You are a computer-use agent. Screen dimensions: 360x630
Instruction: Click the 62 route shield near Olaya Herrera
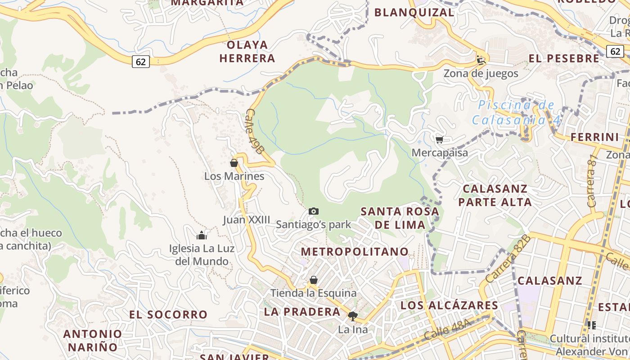pos(141,62)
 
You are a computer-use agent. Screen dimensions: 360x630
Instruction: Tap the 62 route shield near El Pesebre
pos(615,51)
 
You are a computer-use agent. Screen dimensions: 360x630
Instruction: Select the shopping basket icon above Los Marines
pos(234,163)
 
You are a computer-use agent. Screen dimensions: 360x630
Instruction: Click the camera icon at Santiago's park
pos(314,211)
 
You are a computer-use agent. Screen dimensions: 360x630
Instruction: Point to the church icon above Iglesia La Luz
pos(201,235)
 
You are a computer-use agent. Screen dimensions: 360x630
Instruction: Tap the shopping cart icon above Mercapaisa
pos(440,139)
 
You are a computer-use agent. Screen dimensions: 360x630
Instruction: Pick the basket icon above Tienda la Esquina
pos(314,280)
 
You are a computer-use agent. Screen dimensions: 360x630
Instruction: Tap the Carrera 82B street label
pos(516,255)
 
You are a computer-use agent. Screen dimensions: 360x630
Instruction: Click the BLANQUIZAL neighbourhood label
pos(414,13)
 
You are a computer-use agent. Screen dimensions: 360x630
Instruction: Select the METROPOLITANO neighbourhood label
pos(355,252)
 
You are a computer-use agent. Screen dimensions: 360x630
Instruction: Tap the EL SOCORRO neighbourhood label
pos(168,314)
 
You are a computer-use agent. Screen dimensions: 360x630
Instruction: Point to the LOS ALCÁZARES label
pos(449,305)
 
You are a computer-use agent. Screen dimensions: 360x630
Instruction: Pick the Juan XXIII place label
pos(247,220)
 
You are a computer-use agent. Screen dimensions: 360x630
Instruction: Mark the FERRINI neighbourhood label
pos(595,137)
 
